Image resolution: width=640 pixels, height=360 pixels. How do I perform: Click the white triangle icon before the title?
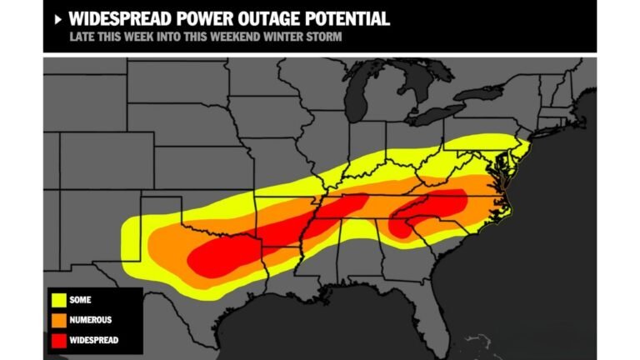pos(57,18)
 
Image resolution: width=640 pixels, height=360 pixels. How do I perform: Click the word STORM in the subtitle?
pos(327,37)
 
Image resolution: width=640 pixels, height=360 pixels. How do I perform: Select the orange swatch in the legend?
pos(58,320)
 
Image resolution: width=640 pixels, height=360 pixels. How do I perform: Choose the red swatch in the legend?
pos(58,340)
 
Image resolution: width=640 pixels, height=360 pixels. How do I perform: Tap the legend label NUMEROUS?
pos(91,320)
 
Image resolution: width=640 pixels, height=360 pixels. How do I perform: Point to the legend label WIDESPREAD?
pos(94,340)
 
